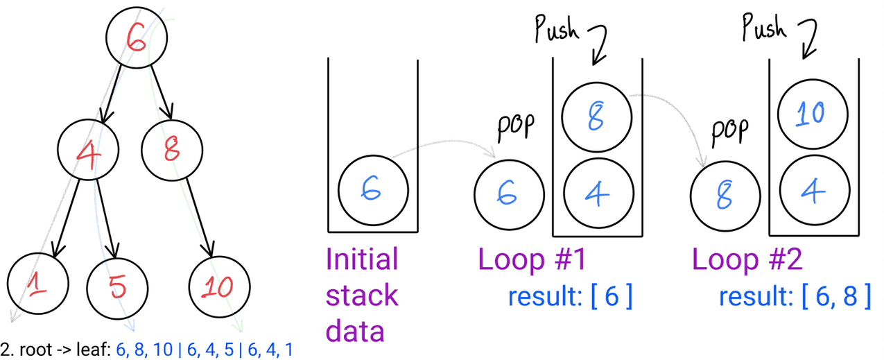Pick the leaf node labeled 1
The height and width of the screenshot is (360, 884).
pos(37,284)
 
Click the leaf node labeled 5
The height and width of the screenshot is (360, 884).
pos(116,284)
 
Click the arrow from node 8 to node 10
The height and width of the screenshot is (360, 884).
pos(198,216)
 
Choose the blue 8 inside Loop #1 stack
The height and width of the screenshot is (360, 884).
pos(597,118)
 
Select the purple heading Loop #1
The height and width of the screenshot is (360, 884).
pos(532,260)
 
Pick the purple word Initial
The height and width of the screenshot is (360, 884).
pos(362,259)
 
